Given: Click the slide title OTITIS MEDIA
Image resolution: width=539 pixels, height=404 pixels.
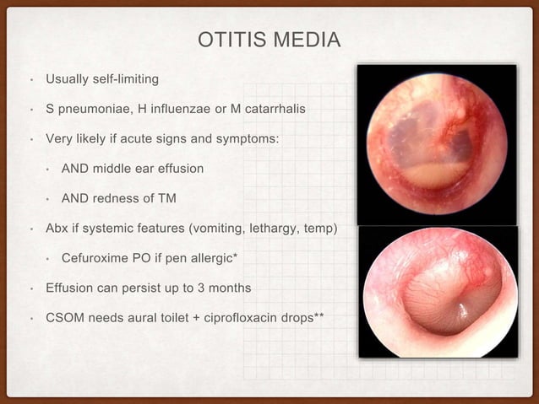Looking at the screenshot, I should [269, 40].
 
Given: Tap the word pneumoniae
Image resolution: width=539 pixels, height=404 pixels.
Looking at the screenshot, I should [93, 110].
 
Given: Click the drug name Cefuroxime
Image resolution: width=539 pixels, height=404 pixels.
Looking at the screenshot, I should [95, 258].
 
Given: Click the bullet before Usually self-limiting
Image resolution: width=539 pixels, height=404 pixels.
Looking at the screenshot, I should [30, 80].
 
